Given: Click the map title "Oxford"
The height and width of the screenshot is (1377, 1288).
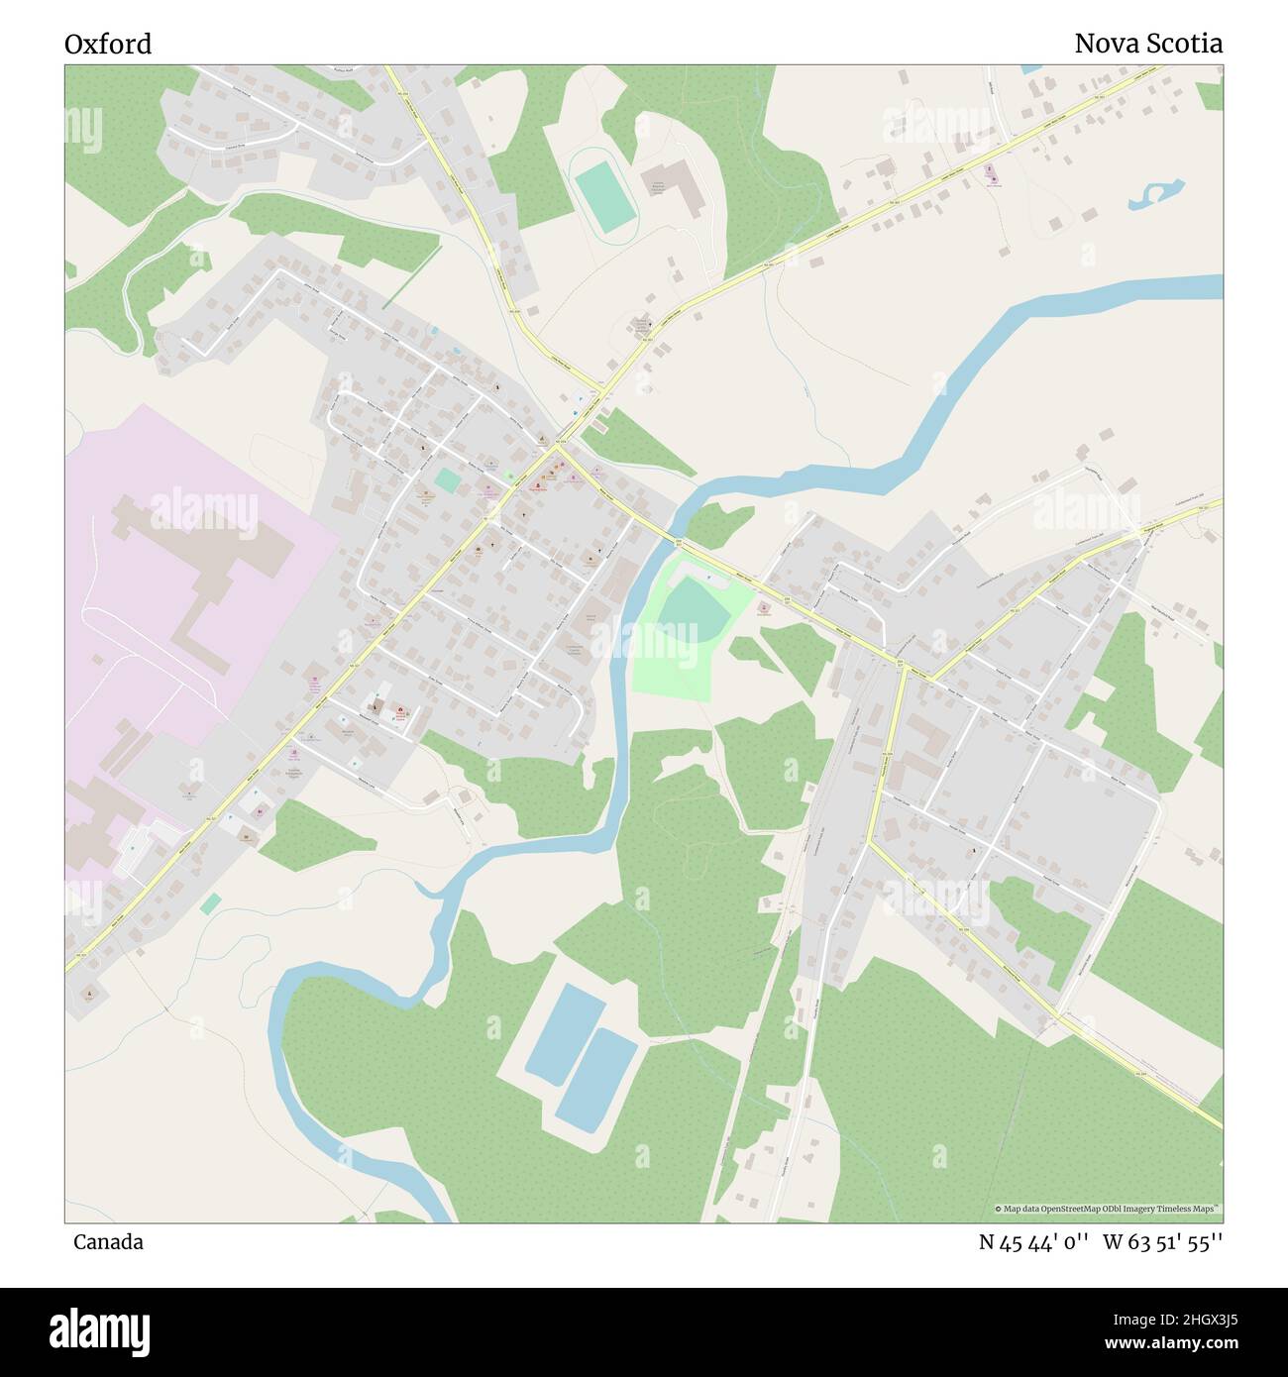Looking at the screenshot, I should pyautogui.click(x=108, y=45).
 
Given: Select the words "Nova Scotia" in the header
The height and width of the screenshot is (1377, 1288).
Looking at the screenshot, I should pyautogui.click(x=1147, y=45).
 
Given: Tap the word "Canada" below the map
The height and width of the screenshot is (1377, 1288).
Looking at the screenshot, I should pyautogui.click(x=107, y=1242).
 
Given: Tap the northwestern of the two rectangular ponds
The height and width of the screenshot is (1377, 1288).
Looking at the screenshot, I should pyautogui.click(x=565, y=1033).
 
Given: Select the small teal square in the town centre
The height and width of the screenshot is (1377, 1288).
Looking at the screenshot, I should pyautogui.click(x=447, y=480).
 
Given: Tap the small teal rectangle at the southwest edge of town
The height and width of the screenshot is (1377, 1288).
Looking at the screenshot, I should pyautogui.click(x=210, y=903).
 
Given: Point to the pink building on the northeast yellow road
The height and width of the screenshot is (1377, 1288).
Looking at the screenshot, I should pyautogui.click(x=988, y=173).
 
